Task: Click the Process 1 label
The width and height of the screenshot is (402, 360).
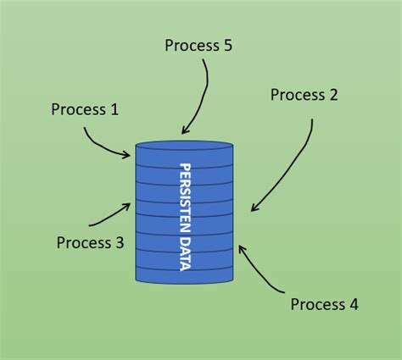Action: pos(85,109)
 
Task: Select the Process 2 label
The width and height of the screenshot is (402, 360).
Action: pos(304,95)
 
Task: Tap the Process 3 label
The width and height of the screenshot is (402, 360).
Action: pos(90,243)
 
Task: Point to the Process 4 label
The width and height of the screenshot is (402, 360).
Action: pos(325,304)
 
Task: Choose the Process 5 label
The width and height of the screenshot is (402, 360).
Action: pos(198,45)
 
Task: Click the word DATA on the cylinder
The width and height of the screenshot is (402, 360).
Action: pos(185,251)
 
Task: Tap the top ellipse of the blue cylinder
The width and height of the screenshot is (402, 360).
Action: pos(183,145)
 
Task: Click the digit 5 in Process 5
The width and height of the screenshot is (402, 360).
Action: pos(227,45)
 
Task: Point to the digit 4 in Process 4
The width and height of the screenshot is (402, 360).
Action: pos(354,304)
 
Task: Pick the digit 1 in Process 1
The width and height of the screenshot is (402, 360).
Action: pos(114,109)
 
